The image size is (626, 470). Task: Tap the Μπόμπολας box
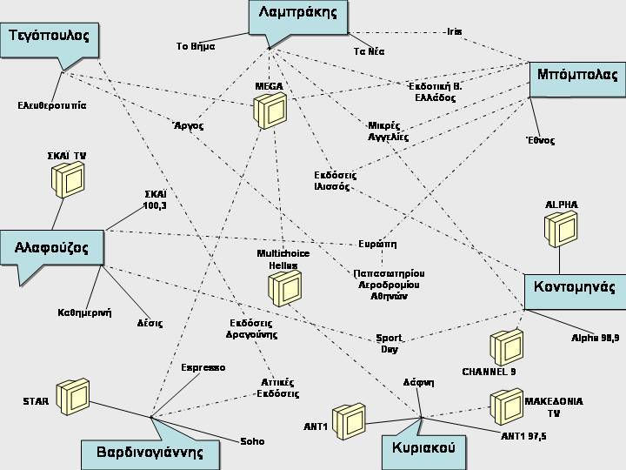pyautogui.click(x=577, y=75)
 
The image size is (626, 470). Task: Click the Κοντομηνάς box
pyautogui.click(x=575, y=288)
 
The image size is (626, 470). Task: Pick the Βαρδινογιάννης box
pyautogui.click(x=150, y=453)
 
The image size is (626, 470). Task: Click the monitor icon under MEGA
pyautogui.click(x=270, y=111)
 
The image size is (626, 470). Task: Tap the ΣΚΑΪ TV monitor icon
pyautogui.click(x=67, y=178)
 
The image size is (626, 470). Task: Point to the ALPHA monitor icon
pyautogui.click(x=561, y=229)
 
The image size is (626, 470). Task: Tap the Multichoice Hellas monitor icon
pyautogui.click(x=284, y=287)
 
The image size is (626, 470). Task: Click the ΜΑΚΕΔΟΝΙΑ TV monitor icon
pyautogui.click(x=506, y=403)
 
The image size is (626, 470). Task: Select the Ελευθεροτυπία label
pyautogui.click(x=51, y=105)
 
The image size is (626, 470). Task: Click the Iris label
pyautogui.click(x=454, y=31)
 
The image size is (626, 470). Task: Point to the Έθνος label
pyautogui.click(x=540, y=140)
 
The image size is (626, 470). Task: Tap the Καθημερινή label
pyautogui.click(x=84, y=312)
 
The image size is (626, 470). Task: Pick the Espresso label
pyautogui.click(x=203, y=367)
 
